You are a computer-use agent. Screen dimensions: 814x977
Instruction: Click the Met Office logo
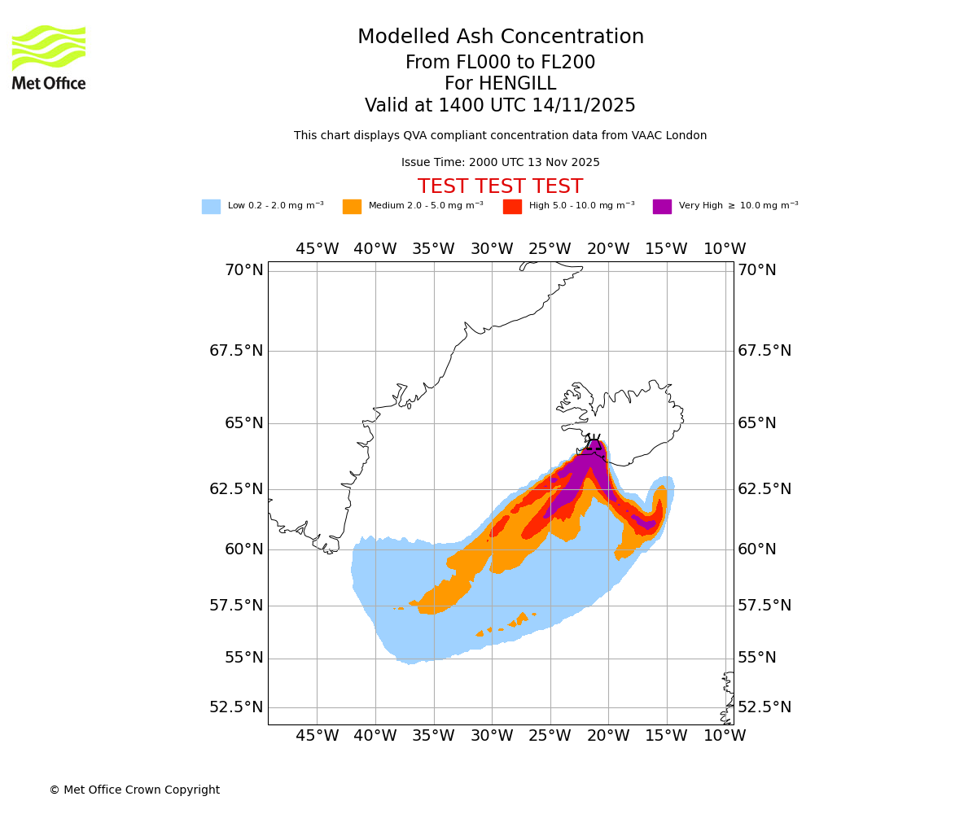[x=49, y=57]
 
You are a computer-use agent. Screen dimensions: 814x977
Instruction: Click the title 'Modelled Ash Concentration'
[x=500, y=37]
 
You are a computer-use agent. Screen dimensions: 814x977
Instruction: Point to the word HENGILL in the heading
[x=500, y=84]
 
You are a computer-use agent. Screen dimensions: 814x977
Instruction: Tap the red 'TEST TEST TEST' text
[x=500, y=186]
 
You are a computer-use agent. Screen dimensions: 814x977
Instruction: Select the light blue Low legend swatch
[x=211, y=207]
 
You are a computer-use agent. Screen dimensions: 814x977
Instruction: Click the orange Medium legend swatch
[x=352, y=207]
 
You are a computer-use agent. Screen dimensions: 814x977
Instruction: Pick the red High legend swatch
[x=512, y=207]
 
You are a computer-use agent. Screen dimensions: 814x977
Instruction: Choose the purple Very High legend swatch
[x=662, y=207]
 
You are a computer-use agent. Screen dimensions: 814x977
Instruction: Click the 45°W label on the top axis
[x=317, y=249]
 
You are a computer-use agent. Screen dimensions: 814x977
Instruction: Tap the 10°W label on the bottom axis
[x=725, y=736]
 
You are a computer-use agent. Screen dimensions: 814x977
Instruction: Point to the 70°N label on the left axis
[x=243, y=270]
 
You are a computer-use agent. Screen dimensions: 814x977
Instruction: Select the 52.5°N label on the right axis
[x=764, y=707]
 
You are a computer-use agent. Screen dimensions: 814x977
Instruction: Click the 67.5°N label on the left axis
[x=236, y=351]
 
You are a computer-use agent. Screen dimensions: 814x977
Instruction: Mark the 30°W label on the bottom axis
[x=492, y=736]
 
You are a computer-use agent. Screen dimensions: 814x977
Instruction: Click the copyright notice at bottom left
[x=134, y=790]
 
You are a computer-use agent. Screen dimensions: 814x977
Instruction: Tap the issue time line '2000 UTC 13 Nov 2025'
[x=500, y=163]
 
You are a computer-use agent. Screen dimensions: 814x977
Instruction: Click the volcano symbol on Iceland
[x=594, y=443]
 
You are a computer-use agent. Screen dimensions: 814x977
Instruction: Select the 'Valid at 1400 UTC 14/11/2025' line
[x=500, y=106]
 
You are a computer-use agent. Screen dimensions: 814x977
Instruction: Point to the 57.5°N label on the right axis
[x=764, y=606]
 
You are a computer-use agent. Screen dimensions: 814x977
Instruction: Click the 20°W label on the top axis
[x=608, y=249]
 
